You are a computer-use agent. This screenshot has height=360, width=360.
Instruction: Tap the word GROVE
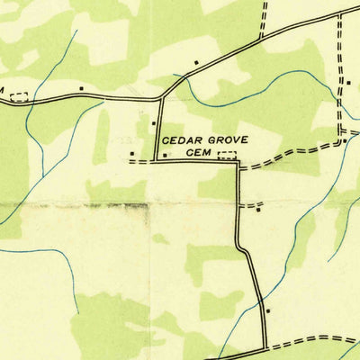pyautogui.click(x=224, y=140)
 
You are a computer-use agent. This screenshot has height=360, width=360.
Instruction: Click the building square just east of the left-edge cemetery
pyautogui.click(x=82, y=88)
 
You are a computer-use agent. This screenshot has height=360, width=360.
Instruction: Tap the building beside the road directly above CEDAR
pyautogui.click(x=154, y=123)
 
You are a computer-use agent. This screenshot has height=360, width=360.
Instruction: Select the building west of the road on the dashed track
pyautogui.click(x=133, y=153)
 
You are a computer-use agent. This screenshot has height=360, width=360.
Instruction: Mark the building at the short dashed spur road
pyautogui.click(x=259, y=211)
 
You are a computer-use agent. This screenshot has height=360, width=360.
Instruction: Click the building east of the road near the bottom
pyautogui.click(x=269, y=309)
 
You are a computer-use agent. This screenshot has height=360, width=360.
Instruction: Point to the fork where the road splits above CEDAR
pyautogui.click(x=161, y=95)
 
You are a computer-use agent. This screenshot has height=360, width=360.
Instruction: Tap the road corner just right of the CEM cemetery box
pyautogui.click(x=238, y=161)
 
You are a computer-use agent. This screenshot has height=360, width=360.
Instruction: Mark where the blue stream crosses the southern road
pyautogui.click(x=220, y=352)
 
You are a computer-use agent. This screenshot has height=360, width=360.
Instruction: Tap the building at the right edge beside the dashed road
pyautogui.click(x=348, y=82)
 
